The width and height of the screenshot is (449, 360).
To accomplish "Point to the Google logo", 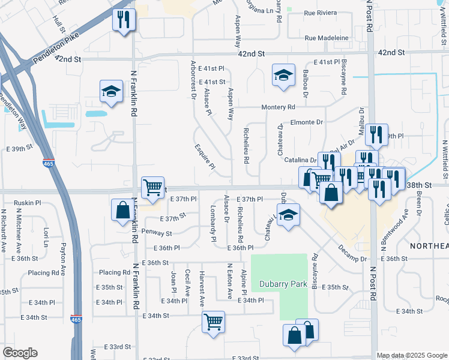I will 20,353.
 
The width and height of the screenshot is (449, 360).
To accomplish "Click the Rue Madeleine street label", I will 327,38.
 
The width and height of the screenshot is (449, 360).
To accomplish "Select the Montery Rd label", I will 279,107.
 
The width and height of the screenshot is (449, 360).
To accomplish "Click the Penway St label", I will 157,232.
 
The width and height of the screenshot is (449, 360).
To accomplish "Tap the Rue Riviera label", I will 321,12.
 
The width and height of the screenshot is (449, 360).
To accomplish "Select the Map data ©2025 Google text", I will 412,355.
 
